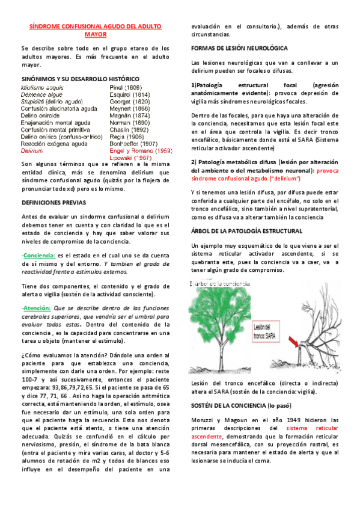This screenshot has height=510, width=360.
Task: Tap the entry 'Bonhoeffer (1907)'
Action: pos(135,144)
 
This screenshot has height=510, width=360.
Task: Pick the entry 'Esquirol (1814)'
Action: pos(130,94)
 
